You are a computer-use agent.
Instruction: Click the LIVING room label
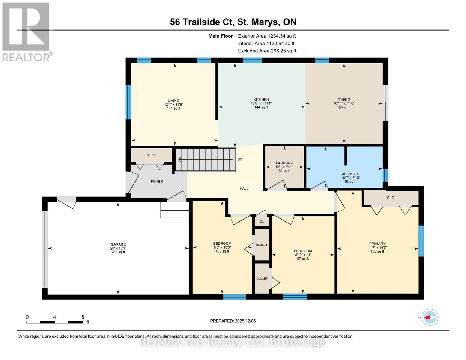[x=173, y=101]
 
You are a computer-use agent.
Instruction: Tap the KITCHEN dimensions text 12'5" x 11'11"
[x=261, y=103]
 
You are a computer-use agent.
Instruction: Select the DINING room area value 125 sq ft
[x=344, y=107]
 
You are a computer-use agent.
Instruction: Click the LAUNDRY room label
[x=284, y=163]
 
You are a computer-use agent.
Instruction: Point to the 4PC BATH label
[x=350, y=174]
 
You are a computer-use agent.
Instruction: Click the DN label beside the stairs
[x=240, y=159]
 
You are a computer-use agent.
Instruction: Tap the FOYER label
[x=157, y=181]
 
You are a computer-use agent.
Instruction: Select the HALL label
[x=244, y=189]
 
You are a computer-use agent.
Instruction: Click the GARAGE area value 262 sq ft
[x=118, y=252]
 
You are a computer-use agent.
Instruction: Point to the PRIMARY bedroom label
[x=377, y=244]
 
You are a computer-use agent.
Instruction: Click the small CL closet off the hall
[x=262, y=222]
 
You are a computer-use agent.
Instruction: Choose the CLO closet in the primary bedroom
[x=390, y=198]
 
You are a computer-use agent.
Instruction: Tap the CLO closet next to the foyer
[x=151, y=155]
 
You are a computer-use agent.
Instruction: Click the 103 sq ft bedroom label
[x=222, y=244]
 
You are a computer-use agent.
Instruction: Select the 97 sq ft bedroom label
[x=303, y=251]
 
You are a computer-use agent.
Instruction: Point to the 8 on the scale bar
[x=83, y=317]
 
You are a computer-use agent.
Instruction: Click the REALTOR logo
[x=26, y=31]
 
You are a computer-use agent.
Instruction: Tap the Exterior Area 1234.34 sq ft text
[x=267, y=36]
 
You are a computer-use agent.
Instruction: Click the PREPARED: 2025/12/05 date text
[x=233, y=321]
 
